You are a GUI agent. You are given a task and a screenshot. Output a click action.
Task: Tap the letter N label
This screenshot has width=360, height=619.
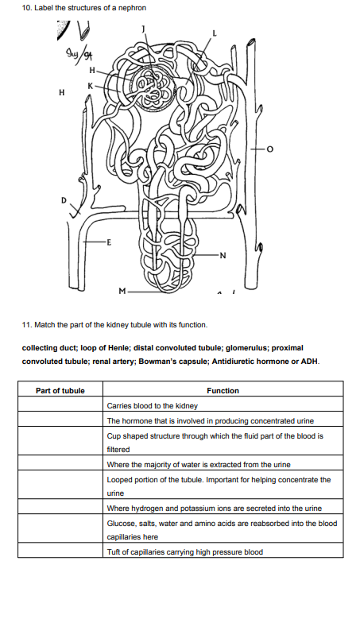click(x=223, y=254)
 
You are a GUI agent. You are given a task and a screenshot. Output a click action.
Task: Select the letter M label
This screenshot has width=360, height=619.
click(x=121, y=291)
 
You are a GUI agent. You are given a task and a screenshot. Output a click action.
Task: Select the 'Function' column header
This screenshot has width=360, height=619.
click(x=223, y=390)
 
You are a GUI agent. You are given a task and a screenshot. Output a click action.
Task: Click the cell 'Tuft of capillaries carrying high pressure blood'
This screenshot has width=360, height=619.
click(x=184, y=551)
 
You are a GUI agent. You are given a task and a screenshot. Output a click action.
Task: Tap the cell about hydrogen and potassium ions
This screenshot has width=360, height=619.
click(x=214, y=508)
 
